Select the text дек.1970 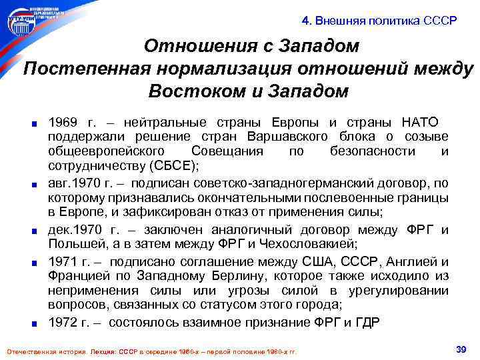[x=73, y=230]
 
